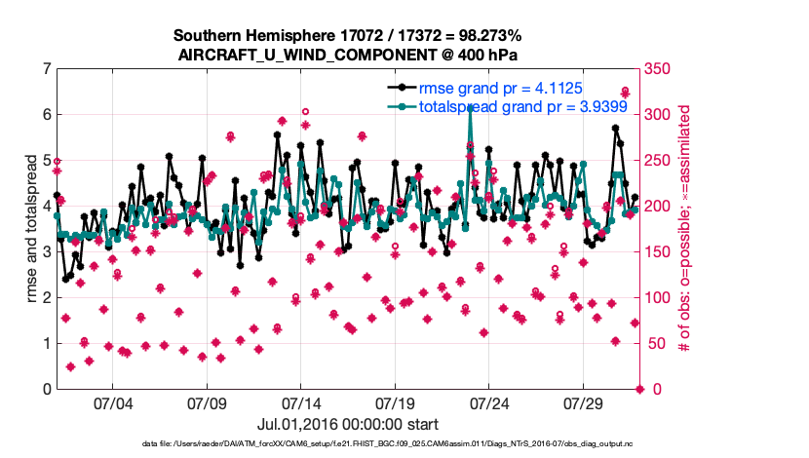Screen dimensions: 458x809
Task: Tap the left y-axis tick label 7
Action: click(x=47, y=69)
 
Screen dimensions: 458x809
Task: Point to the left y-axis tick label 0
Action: click(x=47, y=389)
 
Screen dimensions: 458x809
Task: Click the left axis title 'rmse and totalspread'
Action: click(x=29, y=229)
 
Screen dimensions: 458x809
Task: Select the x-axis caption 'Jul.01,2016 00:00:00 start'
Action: click(x=348, y=424)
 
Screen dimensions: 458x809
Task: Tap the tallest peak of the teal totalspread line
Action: click(x=471, y=107)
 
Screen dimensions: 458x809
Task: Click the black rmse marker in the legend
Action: click(x=398, y=88)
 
